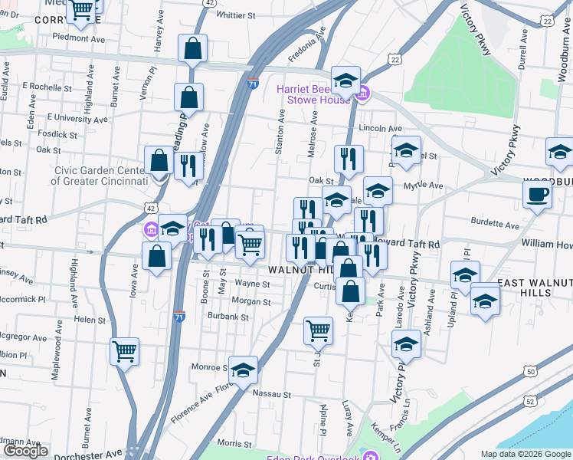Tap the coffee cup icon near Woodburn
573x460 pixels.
(537, 194)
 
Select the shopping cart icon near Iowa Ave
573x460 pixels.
(124, 352)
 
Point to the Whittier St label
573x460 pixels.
(235, 15)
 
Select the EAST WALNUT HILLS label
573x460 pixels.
(533, 288)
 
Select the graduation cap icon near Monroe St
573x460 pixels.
(243, 370)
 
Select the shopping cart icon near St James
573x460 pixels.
(318, 331)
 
